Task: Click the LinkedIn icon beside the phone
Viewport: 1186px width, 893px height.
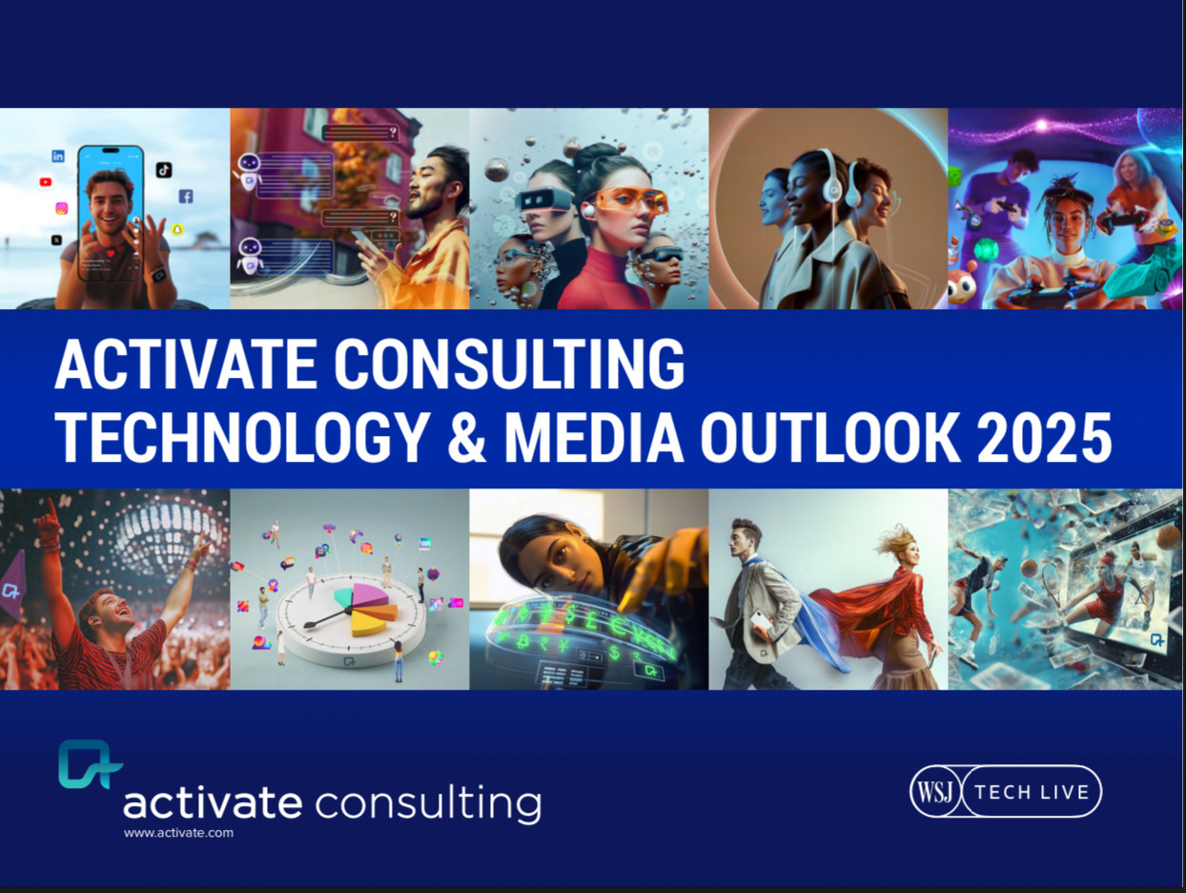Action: (58, 156)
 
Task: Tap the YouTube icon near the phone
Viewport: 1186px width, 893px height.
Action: (46, 182)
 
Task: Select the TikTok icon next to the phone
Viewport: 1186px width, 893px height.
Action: (164, 170)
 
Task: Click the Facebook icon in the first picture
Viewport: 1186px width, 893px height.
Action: (186, 197)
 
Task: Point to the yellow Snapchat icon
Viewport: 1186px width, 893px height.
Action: (177, 229)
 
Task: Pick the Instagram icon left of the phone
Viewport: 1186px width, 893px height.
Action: (62, 208)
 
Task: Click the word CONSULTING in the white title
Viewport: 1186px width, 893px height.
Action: (509, 363)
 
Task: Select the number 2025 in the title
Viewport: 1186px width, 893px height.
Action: (1044, 437)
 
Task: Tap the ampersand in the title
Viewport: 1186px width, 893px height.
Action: (467, 437)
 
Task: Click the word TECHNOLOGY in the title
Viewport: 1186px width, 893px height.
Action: (243, 437)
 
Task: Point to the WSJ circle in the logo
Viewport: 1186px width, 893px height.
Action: (935, 791)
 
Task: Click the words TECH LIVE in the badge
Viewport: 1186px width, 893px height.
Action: (1032, 792)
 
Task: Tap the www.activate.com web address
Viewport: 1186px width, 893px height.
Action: (178, 833)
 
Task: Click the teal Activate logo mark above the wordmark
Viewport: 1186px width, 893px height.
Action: (90, 764)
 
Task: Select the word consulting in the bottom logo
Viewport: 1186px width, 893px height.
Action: (428, 805)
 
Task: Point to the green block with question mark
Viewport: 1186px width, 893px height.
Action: (953, 176)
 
